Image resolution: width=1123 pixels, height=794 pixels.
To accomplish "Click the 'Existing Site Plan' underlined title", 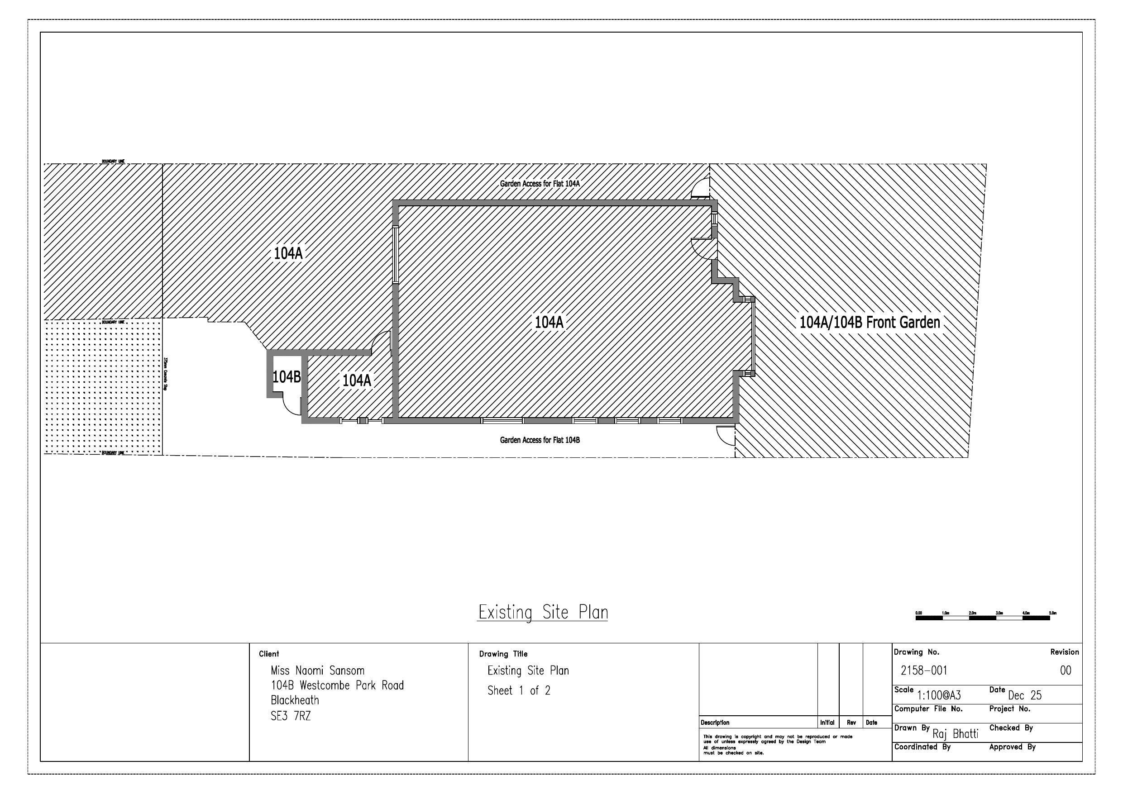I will pyautogui.click(x=542, y=613).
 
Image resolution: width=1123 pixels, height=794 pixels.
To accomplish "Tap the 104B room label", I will pyautogui.click(x=287, y=377).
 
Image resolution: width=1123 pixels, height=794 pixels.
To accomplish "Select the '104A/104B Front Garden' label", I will pyautogui.click(x=870, y=323).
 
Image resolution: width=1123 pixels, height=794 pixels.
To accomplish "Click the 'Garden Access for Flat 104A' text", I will pyautogui.click(x=540, y=184).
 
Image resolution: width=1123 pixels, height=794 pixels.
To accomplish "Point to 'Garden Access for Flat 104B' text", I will pyautogui.click(x=540, y=440).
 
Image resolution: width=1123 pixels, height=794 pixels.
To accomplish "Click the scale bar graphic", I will pyautogui.click(x=983, y=618).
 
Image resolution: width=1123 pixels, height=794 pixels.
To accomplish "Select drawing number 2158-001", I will pyautogui.click(x=924, y=670).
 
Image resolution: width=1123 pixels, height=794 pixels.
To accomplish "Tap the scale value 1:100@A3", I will pyautogui.click(x=939, y=695).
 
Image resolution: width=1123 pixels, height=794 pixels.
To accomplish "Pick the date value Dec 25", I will pyautogui.click(x=1025, y=695).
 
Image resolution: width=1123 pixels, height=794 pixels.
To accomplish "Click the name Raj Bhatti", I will pyautogui.click(x=955, y=734).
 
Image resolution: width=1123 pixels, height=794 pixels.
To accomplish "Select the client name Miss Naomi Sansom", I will pyautogui.click(x=317, y=670).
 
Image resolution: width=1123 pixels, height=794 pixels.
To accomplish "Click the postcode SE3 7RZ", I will pyautogui.click(x=291, y=716).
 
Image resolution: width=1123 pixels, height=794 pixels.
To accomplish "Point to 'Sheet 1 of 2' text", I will pyautogui.click(x=518, y=690).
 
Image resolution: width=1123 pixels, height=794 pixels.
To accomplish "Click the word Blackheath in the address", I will pyautogui.click(x=295, y=700).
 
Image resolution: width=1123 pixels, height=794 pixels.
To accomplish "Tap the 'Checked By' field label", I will pyautogui.click(x=1011, y=727).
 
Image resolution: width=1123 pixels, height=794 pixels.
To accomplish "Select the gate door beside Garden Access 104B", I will pyautogui.click(x=726, y=435).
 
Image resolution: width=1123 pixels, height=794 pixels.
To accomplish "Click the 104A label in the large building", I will pyautogui.click(x=549, y=322).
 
